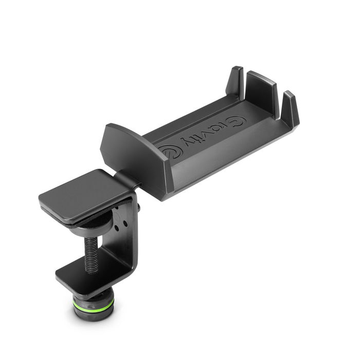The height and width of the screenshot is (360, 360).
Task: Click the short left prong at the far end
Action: (x=236, y=80)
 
